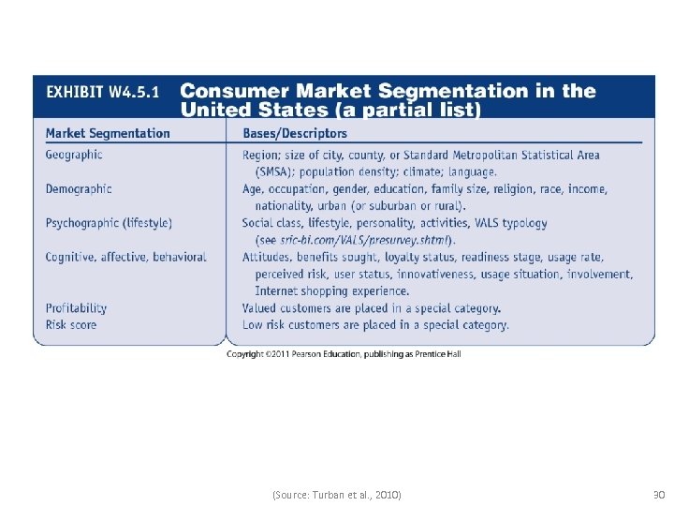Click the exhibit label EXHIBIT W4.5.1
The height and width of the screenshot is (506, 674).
coord(102,92)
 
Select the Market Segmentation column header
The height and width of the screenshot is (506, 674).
coord(108,133)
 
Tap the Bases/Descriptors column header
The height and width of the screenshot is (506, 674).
coord(295,133)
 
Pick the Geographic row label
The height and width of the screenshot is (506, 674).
coord(74,155)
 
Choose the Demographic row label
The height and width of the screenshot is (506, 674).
coord(79,188)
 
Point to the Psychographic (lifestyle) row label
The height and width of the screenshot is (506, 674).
coord(109,223)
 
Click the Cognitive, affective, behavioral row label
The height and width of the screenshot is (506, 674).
coord(125,257)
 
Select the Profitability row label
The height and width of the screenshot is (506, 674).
coord(76,307)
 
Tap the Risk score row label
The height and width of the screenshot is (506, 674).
coord(71,324)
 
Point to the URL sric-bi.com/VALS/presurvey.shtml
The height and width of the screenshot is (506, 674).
coord(367,240)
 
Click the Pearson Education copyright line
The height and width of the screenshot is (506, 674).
coord(344,354)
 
